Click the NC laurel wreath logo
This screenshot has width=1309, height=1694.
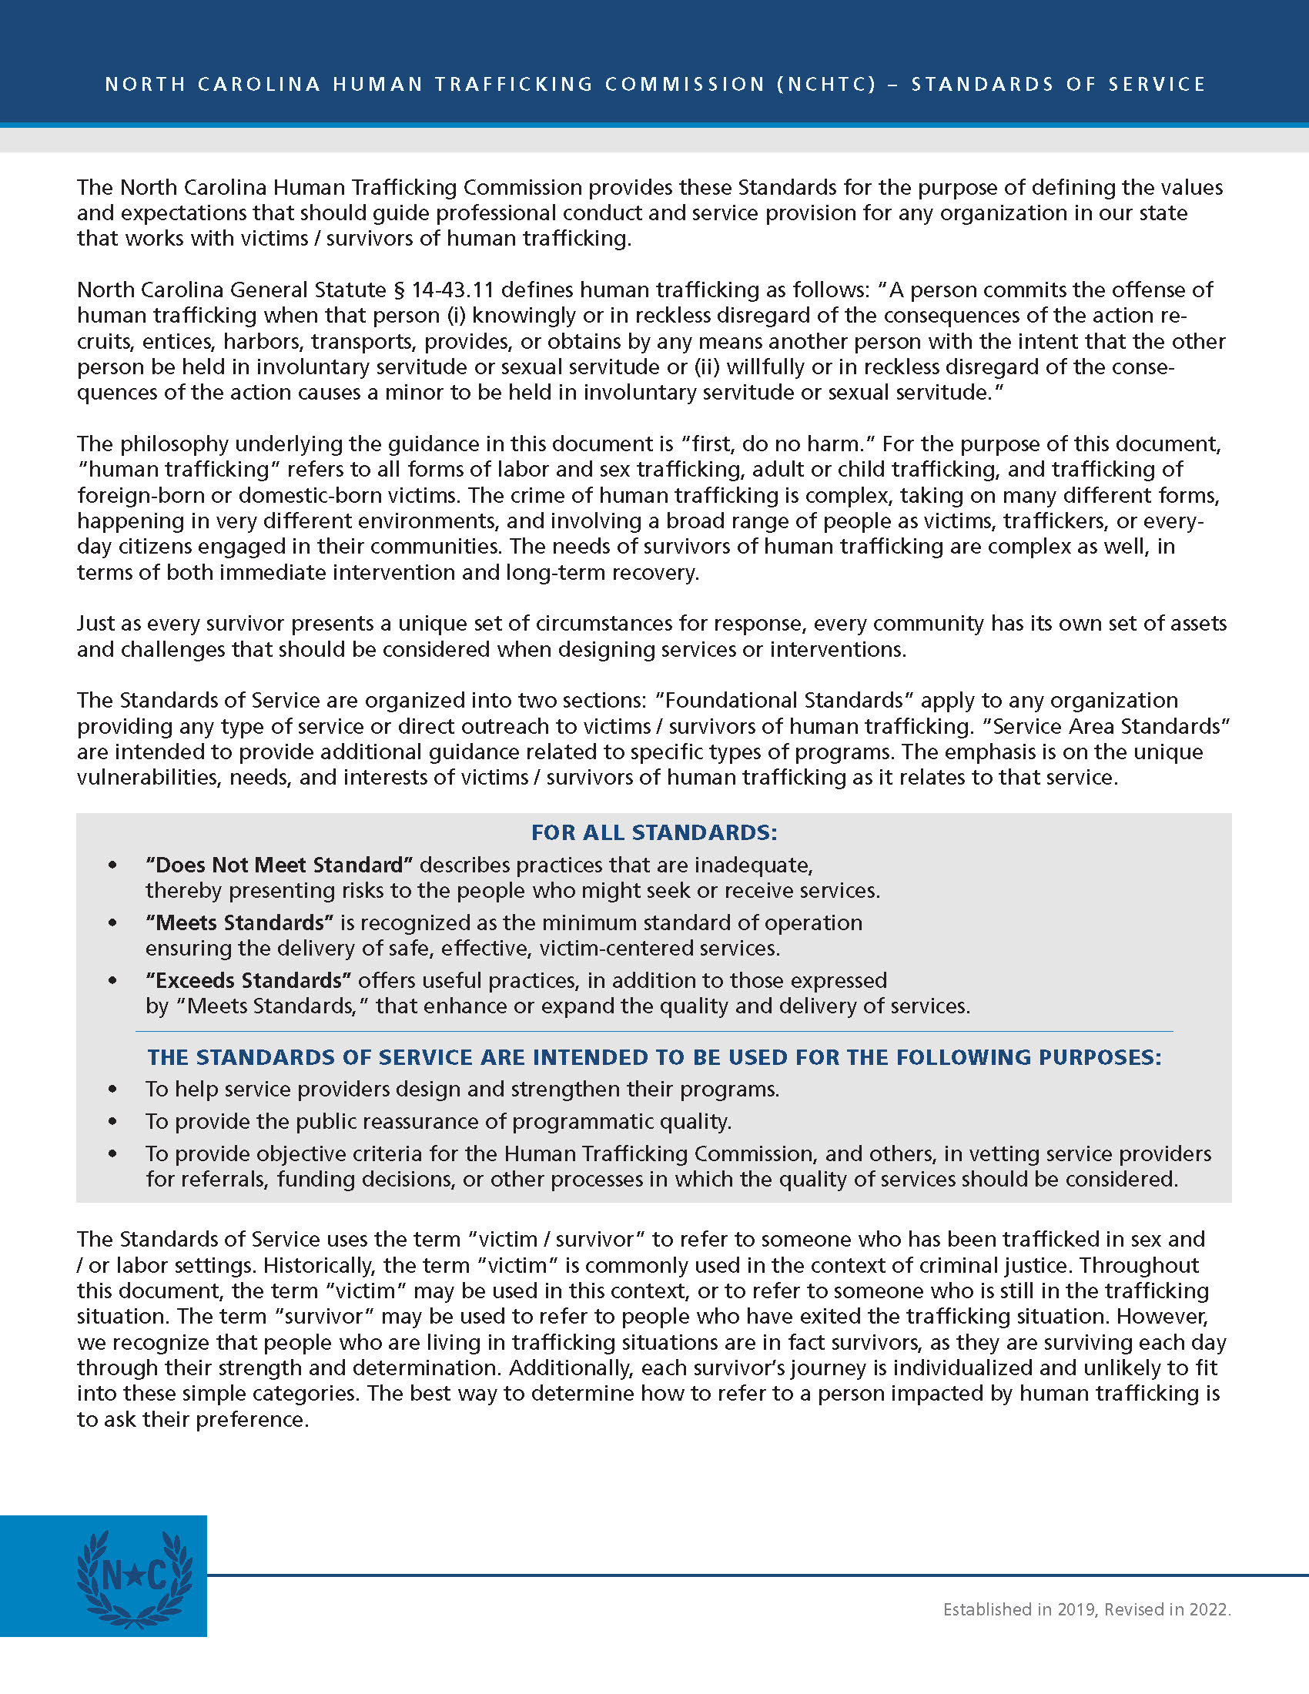[x=134, y=1575]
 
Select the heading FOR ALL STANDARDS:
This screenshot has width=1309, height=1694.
[x=654, y=832]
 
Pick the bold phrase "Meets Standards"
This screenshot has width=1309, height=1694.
[x=239, y=922]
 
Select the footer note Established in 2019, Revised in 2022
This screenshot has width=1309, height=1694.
[x=1086, y=1609]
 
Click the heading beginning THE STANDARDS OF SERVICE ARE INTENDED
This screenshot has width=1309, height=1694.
[x=654, y=1057]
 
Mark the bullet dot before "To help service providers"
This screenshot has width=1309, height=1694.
[x=113, y=1089]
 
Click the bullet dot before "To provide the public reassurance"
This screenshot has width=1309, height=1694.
[x=113, y=1122]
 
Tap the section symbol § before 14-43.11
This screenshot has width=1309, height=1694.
[x=400, y=290]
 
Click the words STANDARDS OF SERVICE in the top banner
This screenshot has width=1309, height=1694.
[x=1059, y=85]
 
